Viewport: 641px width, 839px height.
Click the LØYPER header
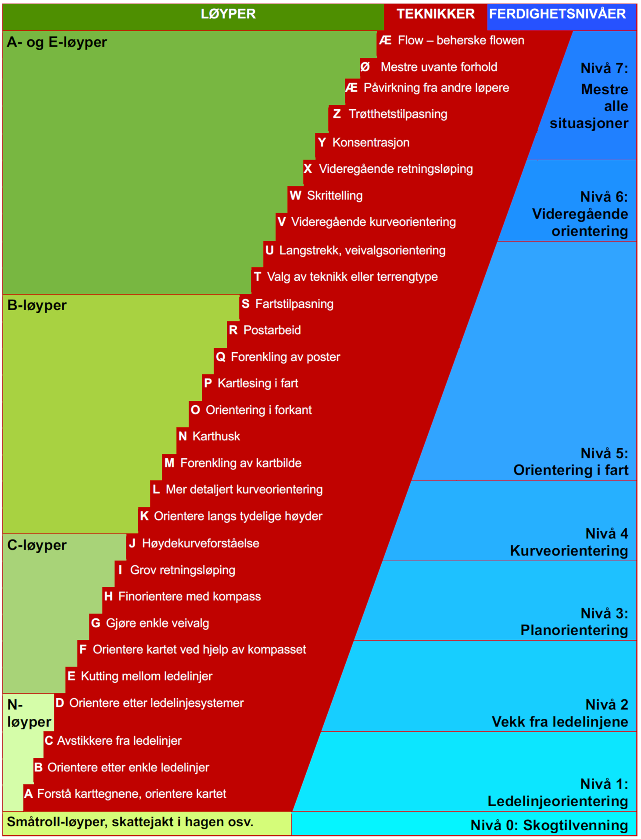tap(228, 14)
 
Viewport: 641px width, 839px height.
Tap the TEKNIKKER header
tap(435, 14)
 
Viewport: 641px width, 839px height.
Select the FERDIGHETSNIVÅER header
tap(557, 14)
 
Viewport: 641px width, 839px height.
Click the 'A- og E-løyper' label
tap(57, 42)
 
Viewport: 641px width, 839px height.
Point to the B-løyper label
tap(37, 305)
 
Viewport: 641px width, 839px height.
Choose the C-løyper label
tap(37, 545)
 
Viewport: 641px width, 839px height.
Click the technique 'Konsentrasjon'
tap(371, 143)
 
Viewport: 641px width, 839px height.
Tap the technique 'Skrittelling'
tap(335, 196)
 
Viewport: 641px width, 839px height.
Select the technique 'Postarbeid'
tap(272, 330)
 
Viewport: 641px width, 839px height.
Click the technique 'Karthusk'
tap(216, 436)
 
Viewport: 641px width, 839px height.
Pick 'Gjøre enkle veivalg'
tap(158, 623)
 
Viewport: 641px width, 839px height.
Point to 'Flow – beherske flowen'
tap(461, 40)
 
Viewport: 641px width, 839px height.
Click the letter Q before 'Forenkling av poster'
tap(220, 357)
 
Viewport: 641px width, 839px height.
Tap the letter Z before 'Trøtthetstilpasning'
tap(337, 114)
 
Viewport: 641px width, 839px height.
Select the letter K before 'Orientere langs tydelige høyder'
tap(144, 516)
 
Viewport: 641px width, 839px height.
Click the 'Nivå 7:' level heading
tap(604, 68)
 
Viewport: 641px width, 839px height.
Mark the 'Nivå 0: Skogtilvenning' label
tap(549, 825)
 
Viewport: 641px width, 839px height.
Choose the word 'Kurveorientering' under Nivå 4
tap(569, 551)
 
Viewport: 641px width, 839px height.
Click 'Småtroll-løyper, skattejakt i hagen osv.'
tap(130, 822)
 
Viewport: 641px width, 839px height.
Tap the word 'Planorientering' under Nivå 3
tap(574, 630)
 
